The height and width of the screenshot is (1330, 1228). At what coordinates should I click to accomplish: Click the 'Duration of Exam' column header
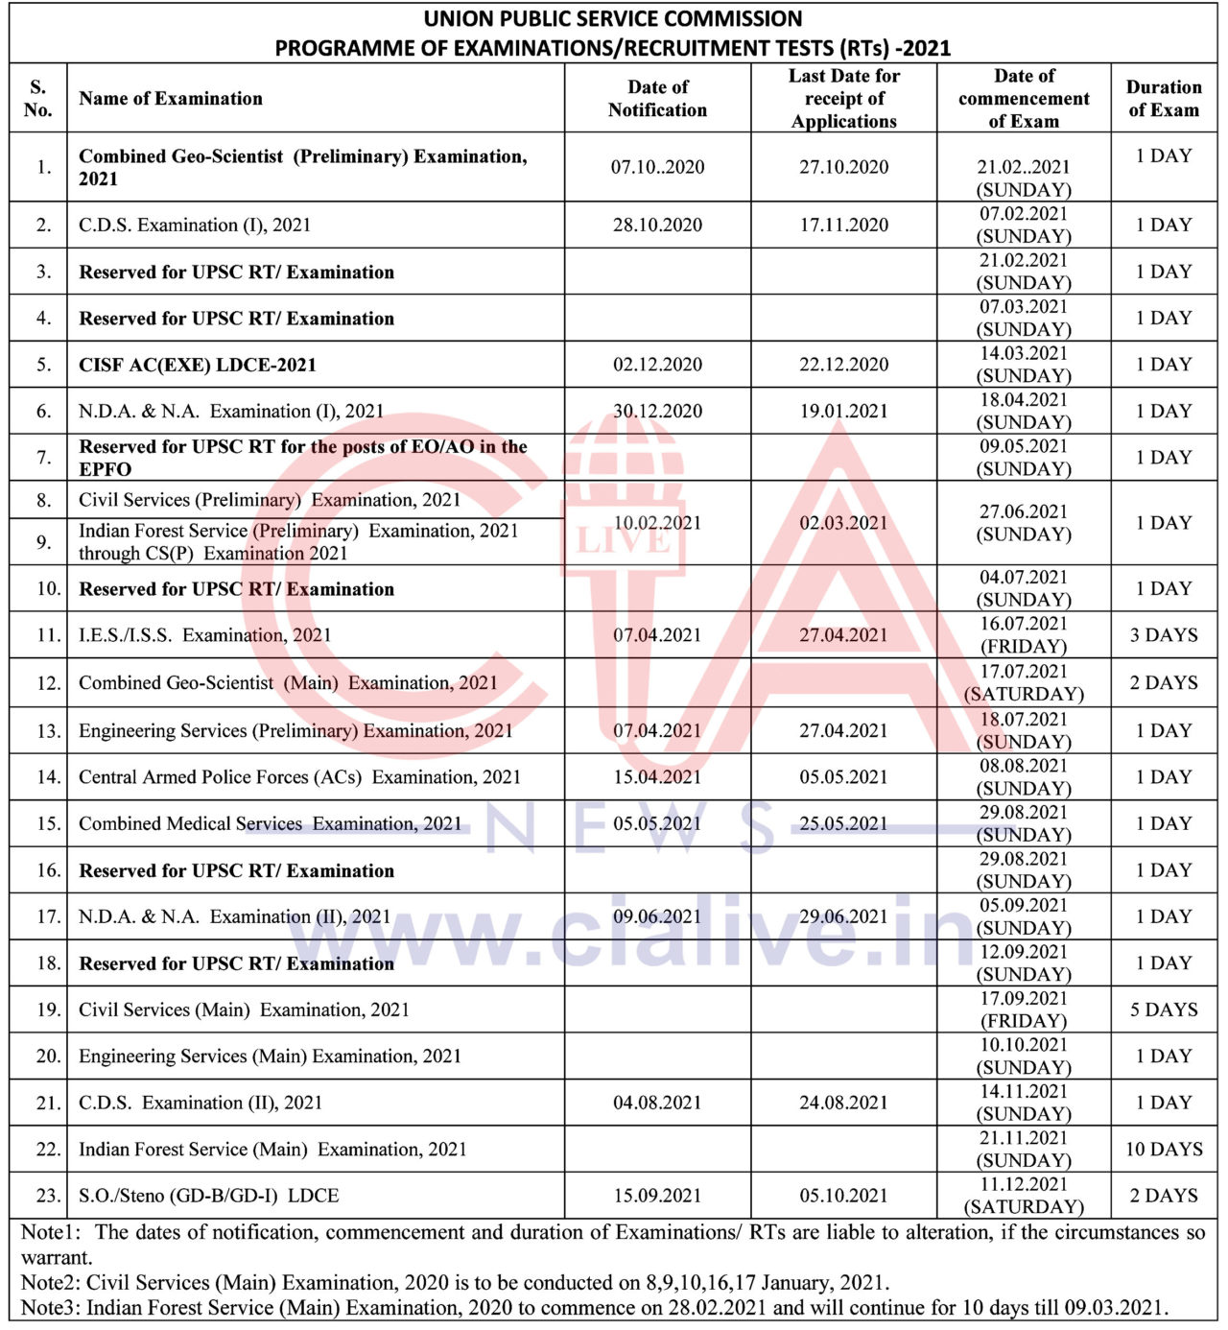tap(1164, 98)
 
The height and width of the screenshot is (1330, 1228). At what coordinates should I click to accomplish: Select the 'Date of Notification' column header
tap(657, 98)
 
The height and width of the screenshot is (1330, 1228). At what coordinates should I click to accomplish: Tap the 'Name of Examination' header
tap(171, 98)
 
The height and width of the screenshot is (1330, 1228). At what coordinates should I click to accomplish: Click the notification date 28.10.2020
tap(657, 225)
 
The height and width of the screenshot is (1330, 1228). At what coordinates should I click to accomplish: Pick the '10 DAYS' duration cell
tap(1164, 1149)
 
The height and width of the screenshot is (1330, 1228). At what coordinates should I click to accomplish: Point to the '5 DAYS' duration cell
tap(1164, 1009)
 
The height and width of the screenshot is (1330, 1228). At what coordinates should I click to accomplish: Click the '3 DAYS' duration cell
tap(1164, 635)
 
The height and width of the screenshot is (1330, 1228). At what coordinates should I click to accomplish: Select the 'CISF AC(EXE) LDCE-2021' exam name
tap(198, 365)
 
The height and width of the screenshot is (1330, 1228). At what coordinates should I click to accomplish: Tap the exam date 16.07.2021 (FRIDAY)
tap(1024, 635)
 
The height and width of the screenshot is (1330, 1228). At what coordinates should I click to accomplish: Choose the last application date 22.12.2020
tap(844, 365)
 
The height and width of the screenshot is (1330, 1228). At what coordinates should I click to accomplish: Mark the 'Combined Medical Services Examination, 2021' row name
tap(271, 823)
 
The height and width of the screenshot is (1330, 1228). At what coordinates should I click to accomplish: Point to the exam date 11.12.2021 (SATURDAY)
tap(1024, 1196)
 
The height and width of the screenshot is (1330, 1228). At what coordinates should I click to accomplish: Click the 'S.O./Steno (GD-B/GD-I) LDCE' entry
tap(209, 1196)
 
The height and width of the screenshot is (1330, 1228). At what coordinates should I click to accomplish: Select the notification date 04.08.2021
tap(657, 1103)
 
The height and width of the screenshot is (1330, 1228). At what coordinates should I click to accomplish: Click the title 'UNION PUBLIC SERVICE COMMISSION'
tap(613, 19)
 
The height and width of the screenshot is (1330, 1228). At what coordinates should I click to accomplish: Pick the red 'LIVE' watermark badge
tap(624, 540)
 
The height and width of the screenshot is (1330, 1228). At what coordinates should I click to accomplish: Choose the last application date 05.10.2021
tap(844, 1196)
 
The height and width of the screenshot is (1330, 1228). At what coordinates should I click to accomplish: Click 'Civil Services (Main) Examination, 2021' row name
tap(244, 1009)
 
